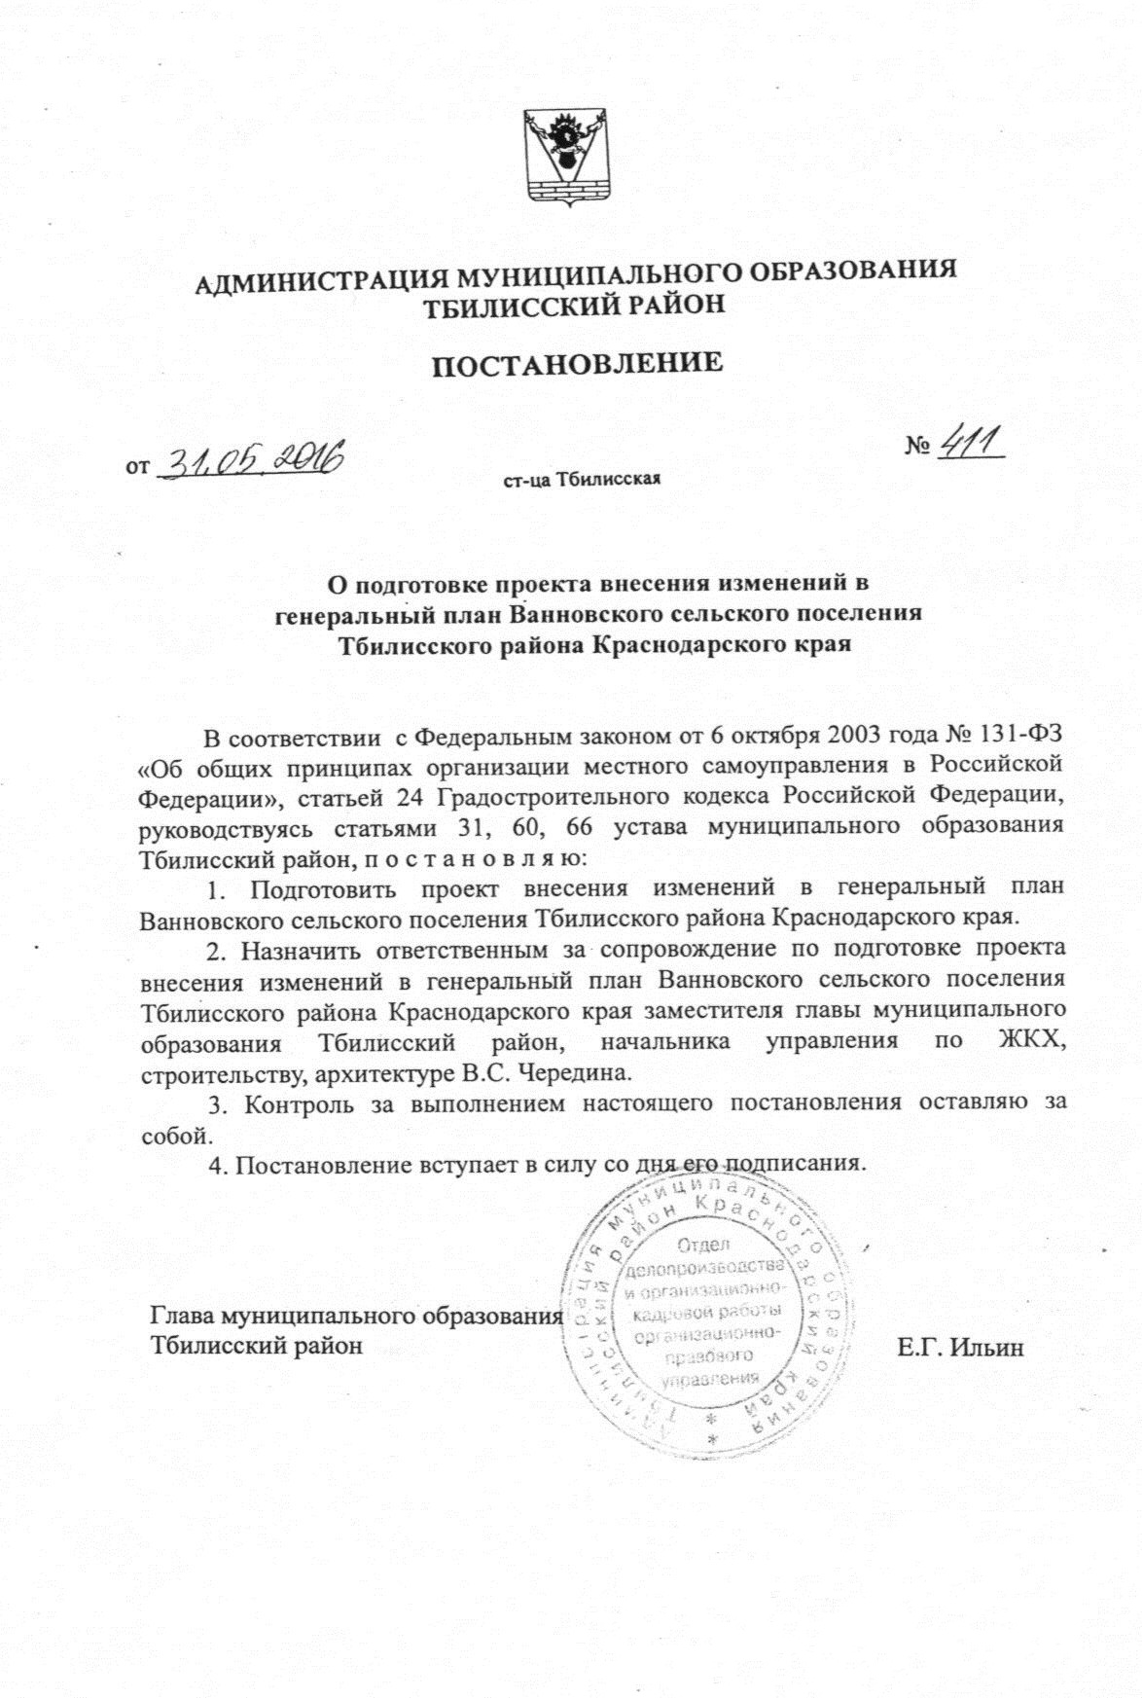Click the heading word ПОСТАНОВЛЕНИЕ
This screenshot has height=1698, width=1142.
coord(578,365)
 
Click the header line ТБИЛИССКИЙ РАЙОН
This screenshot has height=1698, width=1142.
coord(577,307)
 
